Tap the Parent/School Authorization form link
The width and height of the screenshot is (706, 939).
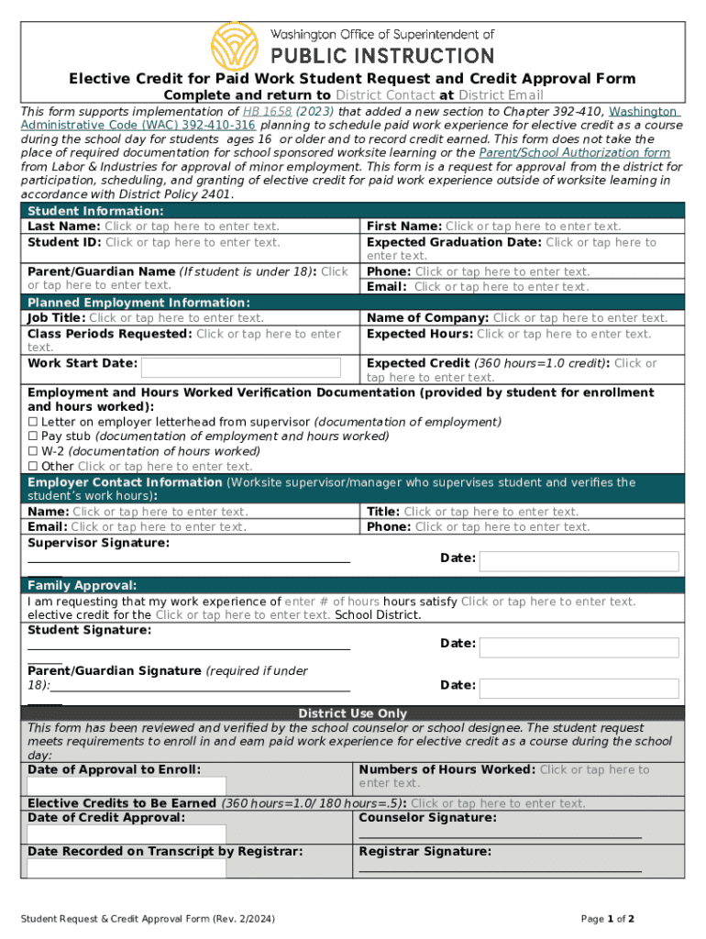point(575,153)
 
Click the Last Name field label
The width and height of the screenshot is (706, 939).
point(64,226)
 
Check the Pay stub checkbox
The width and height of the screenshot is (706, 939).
point(33,436)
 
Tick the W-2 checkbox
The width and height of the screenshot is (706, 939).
point(33,451)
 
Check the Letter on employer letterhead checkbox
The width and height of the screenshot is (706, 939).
point(33,422)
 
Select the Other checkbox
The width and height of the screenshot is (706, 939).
point(33,466)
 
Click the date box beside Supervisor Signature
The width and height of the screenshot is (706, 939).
point(579,561)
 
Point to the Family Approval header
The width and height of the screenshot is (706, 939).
point(83,585)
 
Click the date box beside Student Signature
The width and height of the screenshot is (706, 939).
point(579,646)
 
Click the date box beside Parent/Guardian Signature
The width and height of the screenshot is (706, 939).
point(579,688)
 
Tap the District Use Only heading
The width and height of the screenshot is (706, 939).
point(352,713)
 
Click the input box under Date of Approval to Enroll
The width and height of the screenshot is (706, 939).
point(127,787)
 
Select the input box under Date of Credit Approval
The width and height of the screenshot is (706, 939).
point(127,834)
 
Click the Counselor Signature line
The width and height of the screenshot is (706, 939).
point(500,836)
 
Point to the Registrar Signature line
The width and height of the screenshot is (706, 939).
point(500,870)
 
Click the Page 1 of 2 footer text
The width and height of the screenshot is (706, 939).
point(609,919)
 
